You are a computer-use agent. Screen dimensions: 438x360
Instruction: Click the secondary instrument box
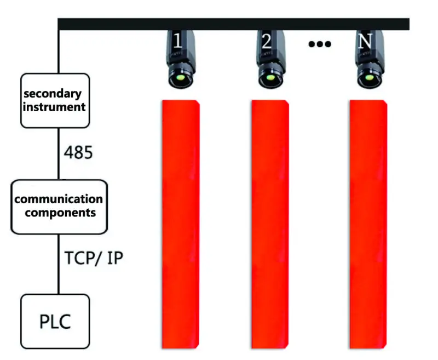[x=55, y=101]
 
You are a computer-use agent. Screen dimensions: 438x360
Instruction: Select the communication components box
[x=59, y=207]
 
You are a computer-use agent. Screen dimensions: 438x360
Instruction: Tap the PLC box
[x=55, y=322]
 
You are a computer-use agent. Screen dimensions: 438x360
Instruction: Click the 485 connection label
[x=78, y=153]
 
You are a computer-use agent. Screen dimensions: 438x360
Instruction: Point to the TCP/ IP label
[x=94, y=258]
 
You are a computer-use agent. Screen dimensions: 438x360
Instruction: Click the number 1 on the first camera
[x=177, y=41]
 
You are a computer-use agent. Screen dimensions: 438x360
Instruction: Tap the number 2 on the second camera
[x=267, y=41]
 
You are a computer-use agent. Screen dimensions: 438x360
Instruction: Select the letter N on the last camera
[x=365, y=41]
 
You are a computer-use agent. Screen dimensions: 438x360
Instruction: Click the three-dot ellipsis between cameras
[x=320, y=44]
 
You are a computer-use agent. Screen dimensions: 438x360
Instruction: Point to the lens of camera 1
[x=181, y=77]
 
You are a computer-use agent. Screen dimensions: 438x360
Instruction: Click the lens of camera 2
[x=270, y=77]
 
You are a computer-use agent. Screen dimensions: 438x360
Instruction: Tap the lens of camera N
[x=369, y=77]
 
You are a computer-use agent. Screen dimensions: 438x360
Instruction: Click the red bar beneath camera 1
[x=181, y=224]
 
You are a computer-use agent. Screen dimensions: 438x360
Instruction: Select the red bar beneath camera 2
[x=270, y=224]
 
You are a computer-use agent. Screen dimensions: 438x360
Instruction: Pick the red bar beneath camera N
[x=368, y=224]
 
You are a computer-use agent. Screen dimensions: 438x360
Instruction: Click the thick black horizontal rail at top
[x=234, y=24]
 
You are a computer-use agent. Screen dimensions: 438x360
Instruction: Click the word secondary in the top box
[x=53, y=94]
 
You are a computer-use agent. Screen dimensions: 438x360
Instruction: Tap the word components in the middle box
[x=60, y=213]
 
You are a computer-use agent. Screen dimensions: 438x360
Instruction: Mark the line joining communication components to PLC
[x=59, y=264]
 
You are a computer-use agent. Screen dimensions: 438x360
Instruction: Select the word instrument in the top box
[x=54, y=107]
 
